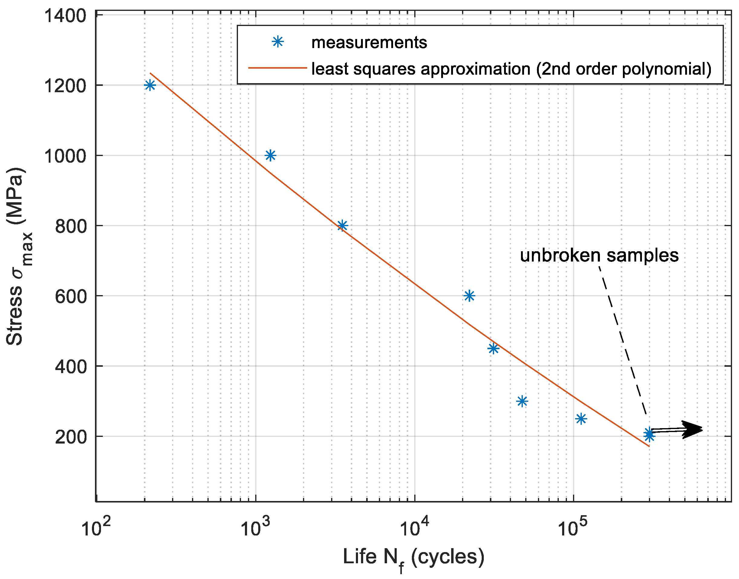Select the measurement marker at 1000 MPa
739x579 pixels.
(270, 156)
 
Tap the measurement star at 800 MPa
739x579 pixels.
(342, 226)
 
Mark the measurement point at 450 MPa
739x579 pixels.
(493, 349)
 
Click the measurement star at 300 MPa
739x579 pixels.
(523, 401)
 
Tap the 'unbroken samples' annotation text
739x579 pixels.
(599, 255)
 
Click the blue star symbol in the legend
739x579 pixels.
(278, 42)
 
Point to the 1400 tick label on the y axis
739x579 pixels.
(65, 16)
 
